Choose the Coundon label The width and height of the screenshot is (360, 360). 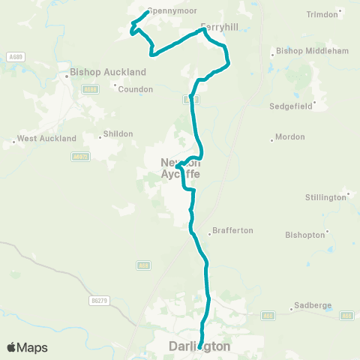click(x=136, y=88)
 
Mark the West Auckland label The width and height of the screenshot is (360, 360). click(x=46, y=139)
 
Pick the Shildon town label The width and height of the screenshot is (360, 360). click(x=117, y=133)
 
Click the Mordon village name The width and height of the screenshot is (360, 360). click(x=290, y=137)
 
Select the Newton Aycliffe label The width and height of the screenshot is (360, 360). click(x=181, y=168)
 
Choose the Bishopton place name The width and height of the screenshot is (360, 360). click(x=305, y=235)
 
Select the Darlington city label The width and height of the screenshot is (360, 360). click(x=199, y=346)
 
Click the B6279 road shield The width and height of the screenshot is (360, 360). click(x=98, y=300)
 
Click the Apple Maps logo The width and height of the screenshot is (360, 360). click(x=27, y=347)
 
